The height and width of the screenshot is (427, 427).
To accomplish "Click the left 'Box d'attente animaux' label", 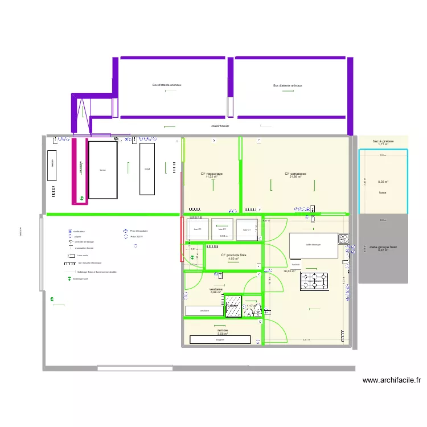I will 166,85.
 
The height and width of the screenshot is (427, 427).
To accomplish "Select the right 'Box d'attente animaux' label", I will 288,85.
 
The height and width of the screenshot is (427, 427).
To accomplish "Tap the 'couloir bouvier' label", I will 220,126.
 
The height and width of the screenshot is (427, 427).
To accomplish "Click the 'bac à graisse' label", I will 383,141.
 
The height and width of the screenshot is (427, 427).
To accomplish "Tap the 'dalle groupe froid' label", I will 383,247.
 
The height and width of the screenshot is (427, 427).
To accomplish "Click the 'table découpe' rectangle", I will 313,245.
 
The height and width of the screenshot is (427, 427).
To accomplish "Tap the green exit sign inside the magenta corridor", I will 82,199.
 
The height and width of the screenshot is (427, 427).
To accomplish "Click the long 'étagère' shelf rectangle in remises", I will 220,340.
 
